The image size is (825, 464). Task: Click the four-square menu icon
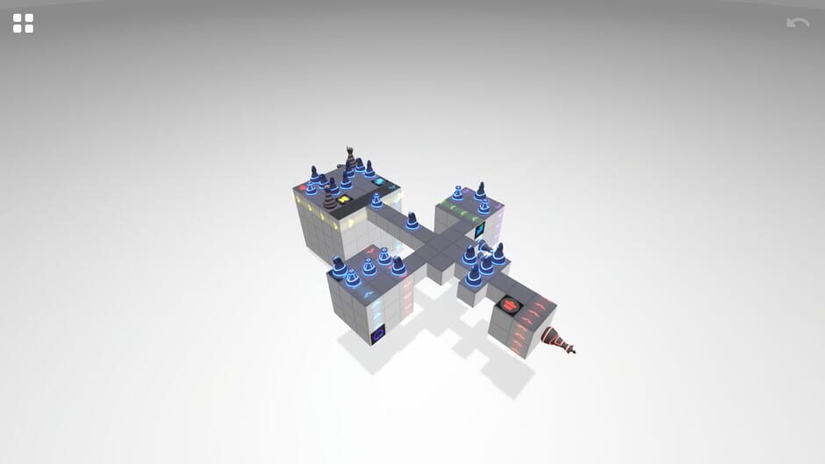click(23, 24)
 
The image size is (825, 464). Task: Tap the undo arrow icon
click(797, 24)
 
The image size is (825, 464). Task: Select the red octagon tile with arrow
click(508, 305)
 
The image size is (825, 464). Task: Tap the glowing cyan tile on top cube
click(380, 182)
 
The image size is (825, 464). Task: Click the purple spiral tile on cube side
click(378, 334)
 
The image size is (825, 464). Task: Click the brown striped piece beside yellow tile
click(329, 197)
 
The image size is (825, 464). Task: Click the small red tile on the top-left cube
click(304, 187)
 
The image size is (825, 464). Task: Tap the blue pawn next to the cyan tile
click(369, 168)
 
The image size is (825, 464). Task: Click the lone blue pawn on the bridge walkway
click(412, 220)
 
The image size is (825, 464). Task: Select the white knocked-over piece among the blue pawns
click(484, 247)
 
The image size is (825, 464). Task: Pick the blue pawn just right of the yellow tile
click(377, 201)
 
